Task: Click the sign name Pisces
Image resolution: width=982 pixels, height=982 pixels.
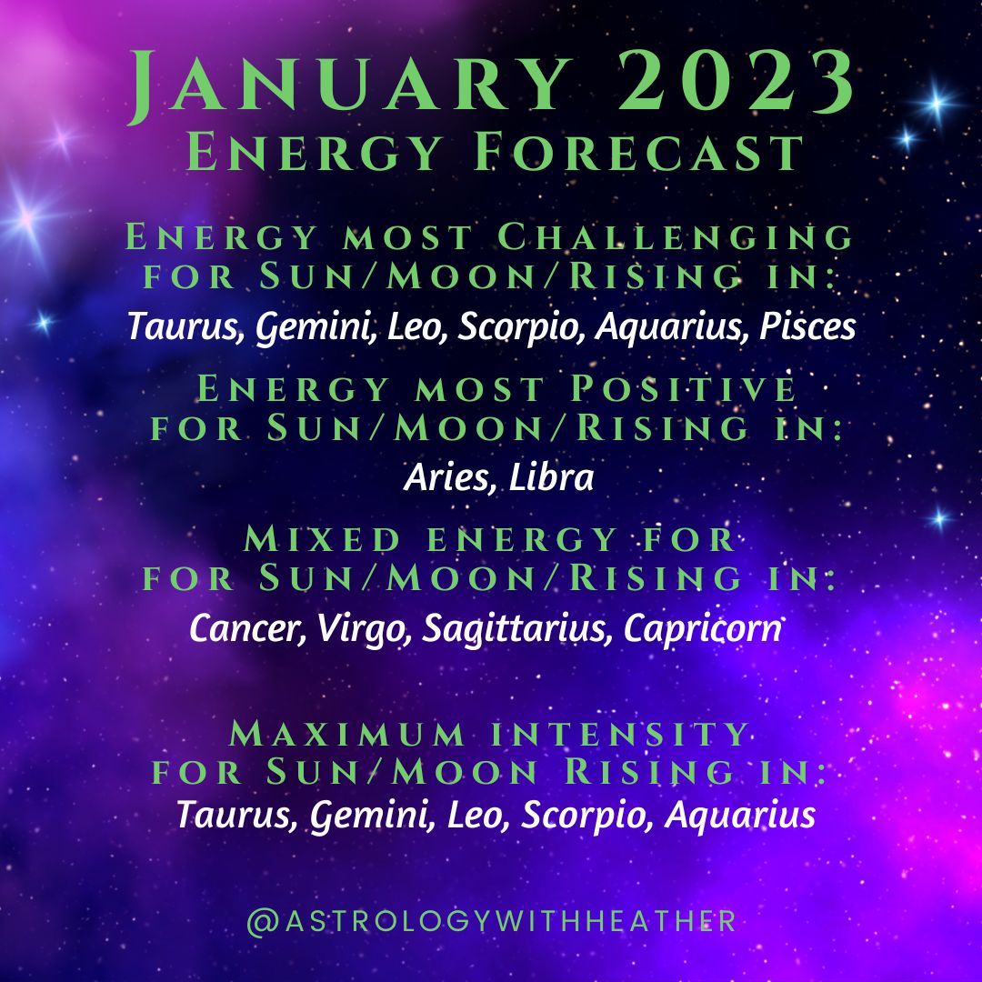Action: (x=807, y=326)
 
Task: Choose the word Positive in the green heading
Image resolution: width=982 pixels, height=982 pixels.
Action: (x=683, y=388)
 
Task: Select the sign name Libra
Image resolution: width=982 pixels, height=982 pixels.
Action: (x=551, y=477)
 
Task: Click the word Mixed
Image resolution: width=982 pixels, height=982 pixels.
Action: (x=322, y=539)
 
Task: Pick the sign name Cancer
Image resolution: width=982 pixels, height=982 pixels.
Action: (x=247, y=628)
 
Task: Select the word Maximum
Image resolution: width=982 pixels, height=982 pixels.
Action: (x=347, y=734)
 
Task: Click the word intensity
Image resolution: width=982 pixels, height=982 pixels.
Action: (x=620, y=734)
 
